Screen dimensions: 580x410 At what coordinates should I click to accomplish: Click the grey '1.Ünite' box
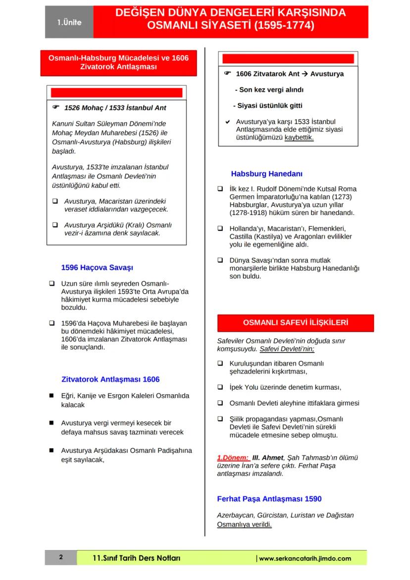click(x=69, y=22)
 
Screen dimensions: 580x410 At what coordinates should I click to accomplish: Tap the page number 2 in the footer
click(x=61, y=558)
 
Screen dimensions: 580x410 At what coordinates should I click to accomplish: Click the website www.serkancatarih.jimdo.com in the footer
click(x=305, y=558)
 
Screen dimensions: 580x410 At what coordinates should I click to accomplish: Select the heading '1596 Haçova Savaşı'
click(x=97, y=267)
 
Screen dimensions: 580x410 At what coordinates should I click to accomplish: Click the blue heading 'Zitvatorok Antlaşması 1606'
click(x=110, y=379)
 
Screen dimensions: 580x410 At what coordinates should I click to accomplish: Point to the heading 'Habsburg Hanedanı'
click(x=266, y=174)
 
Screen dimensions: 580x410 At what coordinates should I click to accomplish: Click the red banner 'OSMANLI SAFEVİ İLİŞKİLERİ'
click(x=295, y=323)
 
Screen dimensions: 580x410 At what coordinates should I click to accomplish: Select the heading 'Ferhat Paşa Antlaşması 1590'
click(x=269, y=499)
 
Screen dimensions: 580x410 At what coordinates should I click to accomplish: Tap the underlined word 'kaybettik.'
click(x=299, y=137)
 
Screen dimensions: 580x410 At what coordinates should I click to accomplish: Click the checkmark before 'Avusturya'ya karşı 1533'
click(x=227, y=121)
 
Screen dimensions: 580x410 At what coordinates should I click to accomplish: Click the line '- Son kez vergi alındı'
click(x=269, y=90)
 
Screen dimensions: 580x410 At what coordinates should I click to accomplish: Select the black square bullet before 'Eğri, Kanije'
click(x=51, y=396)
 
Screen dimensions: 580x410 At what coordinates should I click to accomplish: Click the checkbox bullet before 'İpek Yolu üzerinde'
click(x=220, y=387)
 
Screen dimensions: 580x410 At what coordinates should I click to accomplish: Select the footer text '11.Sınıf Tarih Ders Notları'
click(x=136, y=558)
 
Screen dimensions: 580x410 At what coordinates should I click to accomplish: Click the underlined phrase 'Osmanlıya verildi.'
click(x=245, y=525)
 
